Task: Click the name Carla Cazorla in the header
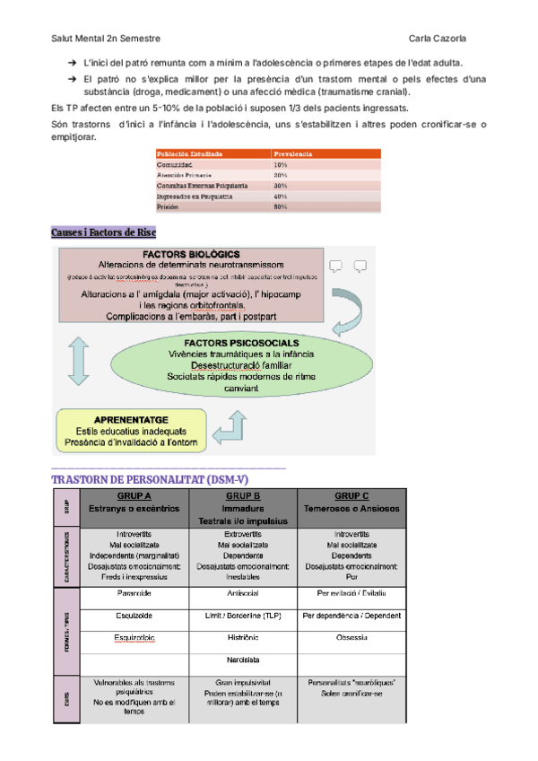pyautogui.click(x=437, y=38)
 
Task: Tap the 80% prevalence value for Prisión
pyautogui.click(x=281, y=206)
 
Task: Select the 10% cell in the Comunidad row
pyautogui.click(x=281, y=165)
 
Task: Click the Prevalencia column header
pyautogui.click(x=293, y=154)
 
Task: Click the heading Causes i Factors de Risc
pyautogui.click(x=104, y=232)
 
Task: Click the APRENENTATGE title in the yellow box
pyautogui.click(x=131, y=419)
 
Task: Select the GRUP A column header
pyautogui.click(x=134, y=496)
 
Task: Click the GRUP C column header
pyautogui.click(x=351, y=496)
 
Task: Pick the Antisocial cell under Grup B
pyautogui.click(x=243, y=594)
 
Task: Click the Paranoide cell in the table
pyautogui.click(x=134, y=594)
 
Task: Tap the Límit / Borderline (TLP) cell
pyautogui.click(x=243, y=617)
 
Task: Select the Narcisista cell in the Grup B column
pyautogui.click(x=243, y=660)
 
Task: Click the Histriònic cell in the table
pyautogui.click(x=243, y=638)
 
